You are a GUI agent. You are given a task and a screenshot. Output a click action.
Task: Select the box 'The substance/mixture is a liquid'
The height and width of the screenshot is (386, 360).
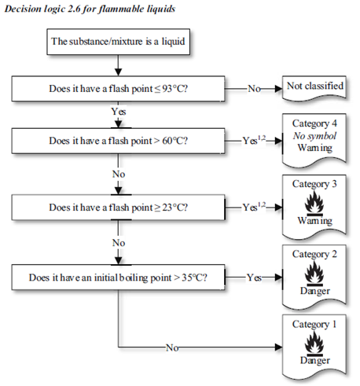coord(118,42)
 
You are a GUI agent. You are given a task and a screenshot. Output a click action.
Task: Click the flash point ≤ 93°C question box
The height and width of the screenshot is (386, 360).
coord(118,88)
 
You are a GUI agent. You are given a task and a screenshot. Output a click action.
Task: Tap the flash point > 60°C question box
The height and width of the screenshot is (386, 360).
coord(118,142)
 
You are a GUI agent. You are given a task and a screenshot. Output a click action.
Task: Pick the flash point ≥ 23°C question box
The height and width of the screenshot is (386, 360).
coord(118,208)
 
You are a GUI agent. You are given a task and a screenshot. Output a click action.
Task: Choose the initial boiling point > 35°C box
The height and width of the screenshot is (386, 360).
coord(118,278)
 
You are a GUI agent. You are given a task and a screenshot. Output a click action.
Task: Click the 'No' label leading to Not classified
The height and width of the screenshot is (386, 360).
coord(255,89)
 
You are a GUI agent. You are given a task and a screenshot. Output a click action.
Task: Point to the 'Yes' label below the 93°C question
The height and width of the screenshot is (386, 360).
coord(118,112)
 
